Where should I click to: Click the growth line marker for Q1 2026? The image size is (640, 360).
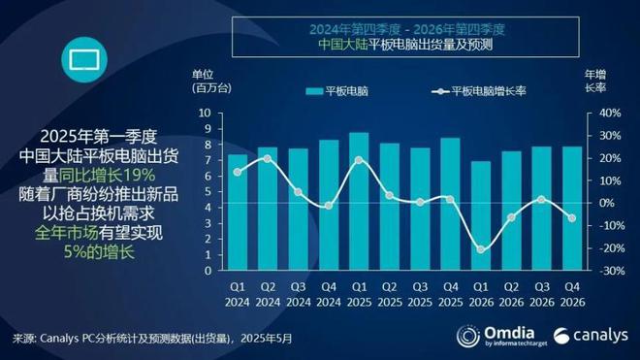[x=480, y=249]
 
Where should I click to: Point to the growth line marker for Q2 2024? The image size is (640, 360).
[x=268, y=158]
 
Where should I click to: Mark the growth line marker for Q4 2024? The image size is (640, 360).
[x=329, y=206]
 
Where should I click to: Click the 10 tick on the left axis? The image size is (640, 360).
[x=205, y=113]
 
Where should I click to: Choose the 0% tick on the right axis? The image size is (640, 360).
[x=607, y=203]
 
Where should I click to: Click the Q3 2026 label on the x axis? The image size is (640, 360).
[x=541, y=294]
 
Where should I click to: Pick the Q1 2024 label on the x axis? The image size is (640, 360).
[x=238, y=294]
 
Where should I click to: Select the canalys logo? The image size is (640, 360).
[x=586, y=337]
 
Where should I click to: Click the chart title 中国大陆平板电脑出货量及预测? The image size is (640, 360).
[x=405, y=45]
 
